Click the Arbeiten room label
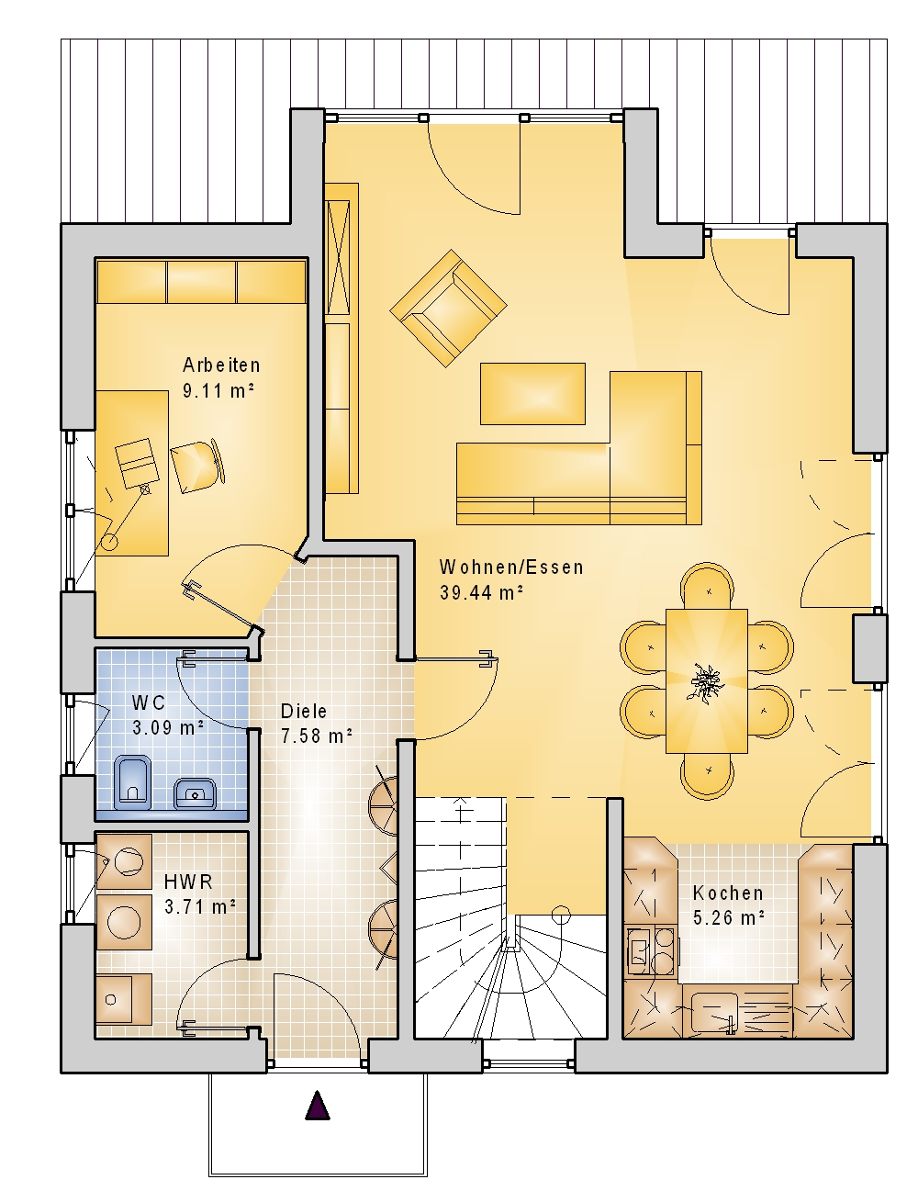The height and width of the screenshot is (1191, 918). (x=221, y=365)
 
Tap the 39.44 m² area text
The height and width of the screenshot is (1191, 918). (x=481, y=592)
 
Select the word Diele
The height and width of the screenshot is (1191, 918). (x=304, y=711)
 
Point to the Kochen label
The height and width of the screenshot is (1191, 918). (x=728, y=893)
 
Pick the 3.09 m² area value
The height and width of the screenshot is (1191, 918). (x=168, y=727)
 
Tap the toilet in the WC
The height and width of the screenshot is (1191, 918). (x=132, y=782)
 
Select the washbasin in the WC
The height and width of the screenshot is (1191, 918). (x=195, y=793)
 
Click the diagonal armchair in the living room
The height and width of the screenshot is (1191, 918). (x=448, y=308)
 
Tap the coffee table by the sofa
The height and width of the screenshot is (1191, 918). (x=532, y=394)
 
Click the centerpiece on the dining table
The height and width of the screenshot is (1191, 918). (x=707, y=682)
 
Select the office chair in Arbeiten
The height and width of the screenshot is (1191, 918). (x=197, y=466)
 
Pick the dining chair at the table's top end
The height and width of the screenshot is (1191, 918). (x=707, y=586)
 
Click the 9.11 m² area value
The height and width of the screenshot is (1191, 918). (x=218, y=391)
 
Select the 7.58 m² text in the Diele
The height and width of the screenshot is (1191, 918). (x=316, y=736)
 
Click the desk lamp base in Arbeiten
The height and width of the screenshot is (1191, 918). (x=109, y=542)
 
